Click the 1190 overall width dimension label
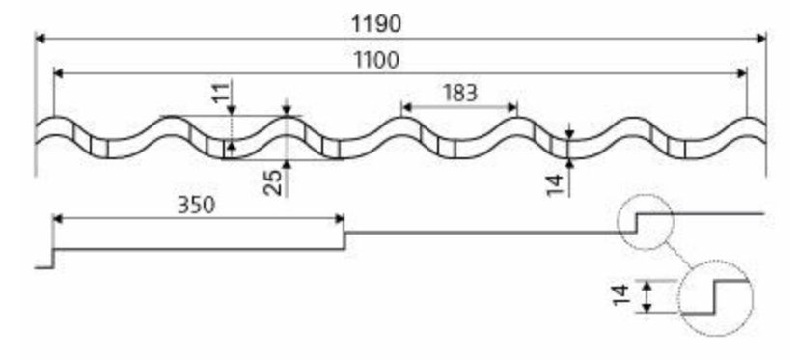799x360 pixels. [x=376, y=24]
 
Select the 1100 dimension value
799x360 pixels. [x=376, y=61]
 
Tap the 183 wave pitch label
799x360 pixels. [x=460, y=93]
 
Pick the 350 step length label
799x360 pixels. [x=196, y=205]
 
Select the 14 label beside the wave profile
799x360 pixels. [x=556, y=184]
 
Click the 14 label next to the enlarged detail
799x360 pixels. [x=621, y=295]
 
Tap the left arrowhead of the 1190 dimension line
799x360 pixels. [x=41, y=39]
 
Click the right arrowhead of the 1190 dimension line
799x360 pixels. [x=761, y=39]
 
